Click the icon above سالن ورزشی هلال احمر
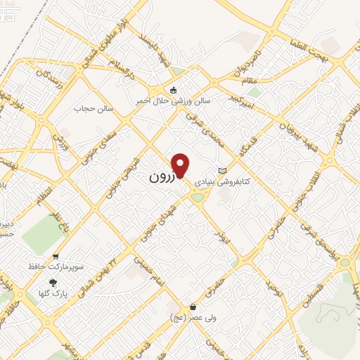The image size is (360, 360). (x=173, y=89)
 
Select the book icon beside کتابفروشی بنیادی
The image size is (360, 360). (x=223, y=171)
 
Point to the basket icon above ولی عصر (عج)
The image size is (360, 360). (x=193, y=307)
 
